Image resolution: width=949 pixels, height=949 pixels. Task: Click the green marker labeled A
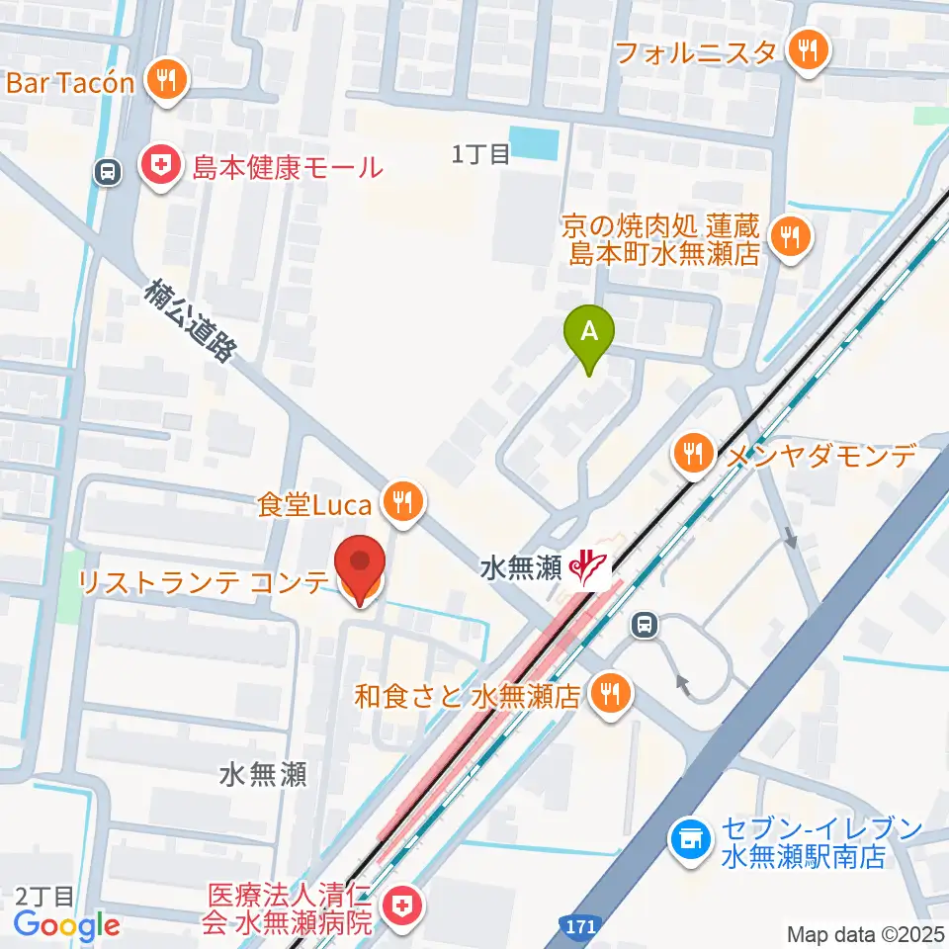(x=589, y=331)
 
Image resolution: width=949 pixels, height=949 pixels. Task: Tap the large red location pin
(x=360, y=565)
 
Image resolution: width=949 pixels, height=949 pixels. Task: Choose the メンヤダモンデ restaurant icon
(x=693, y=455)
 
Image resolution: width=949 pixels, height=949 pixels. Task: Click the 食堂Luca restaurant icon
(x=401, y=503)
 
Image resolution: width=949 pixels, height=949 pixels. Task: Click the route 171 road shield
(x=583, y=927)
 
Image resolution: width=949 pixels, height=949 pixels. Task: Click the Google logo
(x=67, y=926)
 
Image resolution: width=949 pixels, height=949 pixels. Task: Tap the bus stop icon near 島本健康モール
(x=108, y=172)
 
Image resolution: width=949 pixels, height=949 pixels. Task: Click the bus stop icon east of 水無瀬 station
(x=644, y=624)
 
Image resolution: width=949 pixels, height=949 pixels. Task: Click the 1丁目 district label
(x=480, y=153)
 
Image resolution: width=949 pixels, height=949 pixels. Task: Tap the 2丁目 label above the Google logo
(x=44, y=897)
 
